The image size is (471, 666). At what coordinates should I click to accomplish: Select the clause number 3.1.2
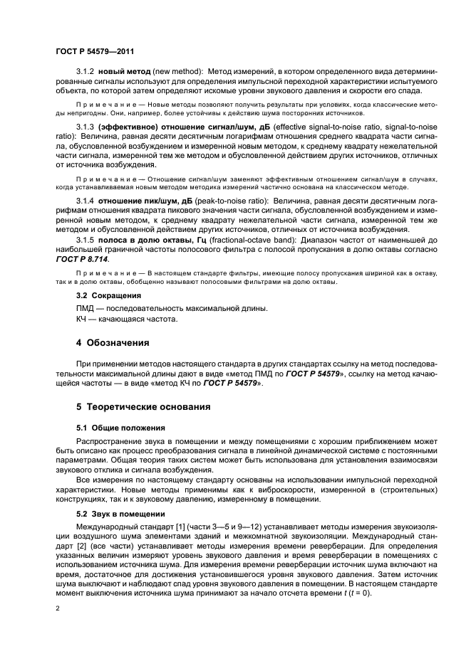coord(85,73)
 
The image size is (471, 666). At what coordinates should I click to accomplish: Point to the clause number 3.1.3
coord(85,126)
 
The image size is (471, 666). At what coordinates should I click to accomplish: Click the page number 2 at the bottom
coord(58,609)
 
